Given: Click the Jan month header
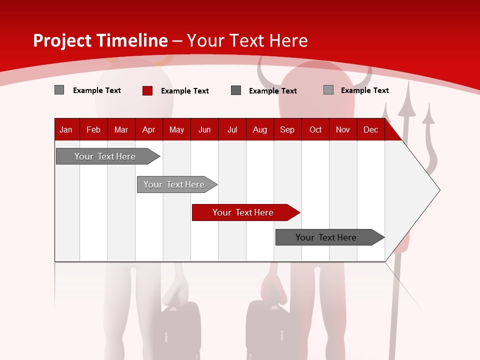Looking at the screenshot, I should tap(66, 130).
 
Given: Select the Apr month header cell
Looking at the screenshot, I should tap(148, 130).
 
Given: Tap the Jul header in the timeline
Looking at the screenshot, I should tap(232, 130).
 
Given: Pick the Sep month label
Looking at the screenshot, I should tap(287, 130).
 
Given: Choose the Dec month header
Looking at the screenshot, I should tap(370, 130).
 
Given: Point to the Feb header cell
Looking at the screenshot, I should tap(93, 130).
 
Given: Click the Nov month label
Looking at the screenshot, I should tap(343, 130).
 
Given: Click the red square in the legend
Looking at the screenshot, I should tap(147, 90).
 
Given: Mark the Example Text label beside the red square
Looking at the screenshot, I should tap(185, 91).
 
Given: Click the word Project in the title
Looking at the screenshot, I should tap(62, 40).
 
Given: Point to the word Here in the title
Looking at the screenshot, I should tap(288, 40).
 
